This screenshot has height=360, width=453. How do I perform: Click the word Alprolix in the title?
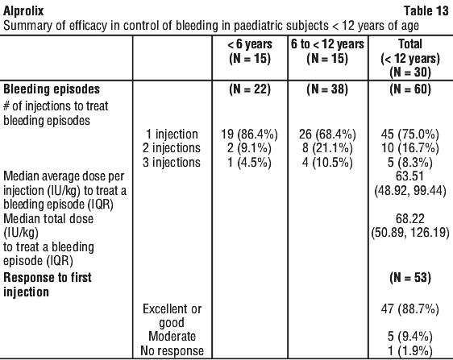(x=23, y=11)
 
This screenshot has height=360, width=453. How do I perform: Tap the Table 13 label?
(x=426, y=11)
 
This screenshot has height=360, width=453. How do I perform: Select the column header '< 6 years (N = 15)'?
(x=250, y=52)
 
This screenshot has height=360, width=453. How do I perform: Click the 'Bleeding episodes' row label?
(x=52, y=89)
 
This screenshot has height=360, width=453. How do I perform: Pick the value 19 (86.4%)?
(x=249, y=134)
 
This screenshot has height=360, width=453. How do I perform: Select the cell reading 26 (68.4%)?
(x=327, y=134)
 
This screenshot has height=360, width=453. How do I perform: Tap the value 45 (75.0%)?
(x=410, y=134)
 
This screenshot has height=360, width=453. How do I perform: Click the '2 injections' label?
(x=172, y=148)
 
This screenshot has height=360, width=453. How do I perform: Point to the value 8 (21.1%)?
(x=327, y=148)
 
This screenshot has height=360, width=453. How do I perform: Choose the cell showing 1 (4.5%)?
(x=249, y=162)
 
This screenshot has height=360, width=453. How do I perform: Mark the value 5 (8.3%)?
(x=410, y=162)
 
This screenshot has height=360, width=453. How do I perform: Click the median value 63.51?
(x=410, y=176)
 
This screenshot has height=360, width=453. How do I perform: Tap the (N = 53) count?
(x=410, y=278)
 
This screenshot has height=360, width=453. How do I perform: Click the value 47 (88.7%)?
(x=410, y=309)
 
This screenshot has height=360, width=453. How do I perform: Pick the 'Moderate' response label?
(x=172, y=337)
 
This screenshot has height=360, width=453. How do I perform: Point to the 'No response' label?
(x=172, y=351)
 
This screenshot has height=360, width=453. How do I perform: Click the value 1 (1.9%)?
(x=410, y=351)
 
